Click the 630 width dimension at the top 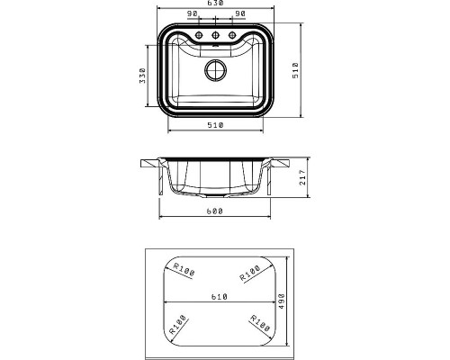click(215, 3)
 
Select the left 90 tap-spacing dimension click(192, 13)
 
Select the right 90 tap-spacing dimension click(240, 13)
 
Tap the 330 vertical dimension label click(142, 76)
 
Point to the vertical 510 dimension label click(295, 70)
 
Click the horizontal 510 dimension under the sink click(215, 125)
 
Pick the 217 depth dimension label click(302, 177)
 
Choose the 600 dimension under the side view click(214, 211)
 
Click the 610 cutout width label click(220, 297)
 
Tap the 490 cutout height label click(282, 301)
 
